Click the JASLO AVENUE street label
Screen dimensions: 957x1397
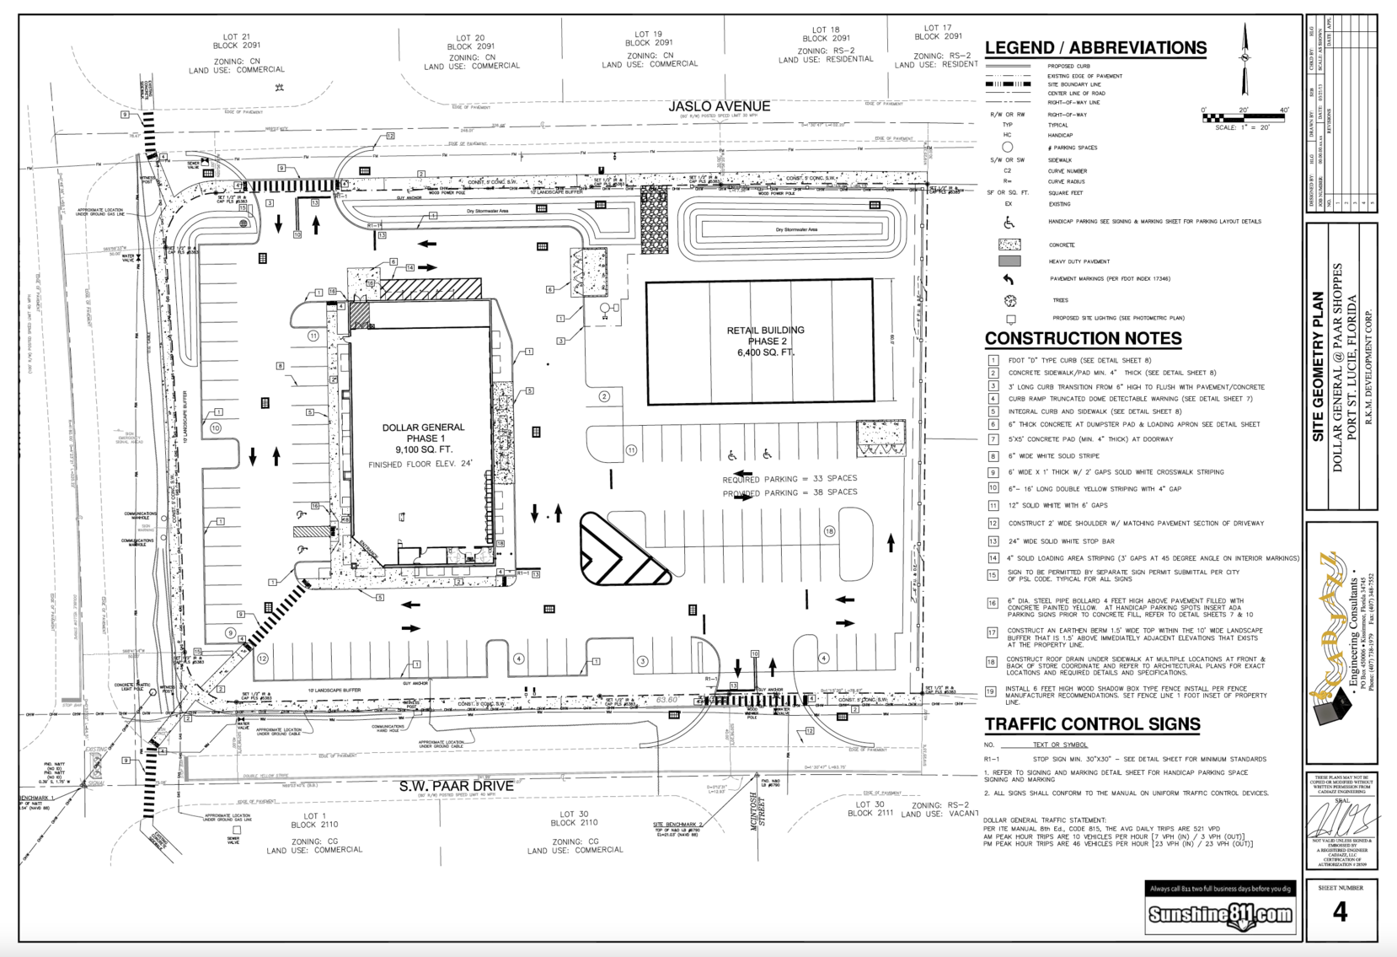(x=719, y=106)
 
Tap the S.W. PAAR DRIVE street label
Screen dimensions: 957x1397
(x=456, y=786)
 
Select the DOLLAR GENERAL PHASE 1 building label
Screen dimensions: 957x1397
(x=423, y=433)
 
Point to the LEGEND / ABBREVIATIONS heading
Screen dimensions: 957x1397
(x=1095, y=48)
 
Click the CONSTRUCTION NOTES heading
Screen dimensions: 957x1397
(x=1083, y=338)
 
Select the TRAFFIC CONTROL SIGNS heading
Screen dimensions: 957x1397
(x=1092, y=723)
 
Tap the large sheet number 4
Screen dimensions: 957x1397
(x=1340, y=911)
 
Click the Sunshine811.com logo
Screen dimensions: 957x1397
(x=1220, y=915)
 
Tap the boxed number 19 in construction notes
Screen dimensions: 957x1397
(x=992, y=691)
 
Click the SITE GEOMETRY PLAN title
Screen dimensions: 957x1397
(x=1319, y=367)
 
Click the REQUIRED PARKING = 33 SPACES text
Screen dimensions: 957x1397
(x=789, y=479)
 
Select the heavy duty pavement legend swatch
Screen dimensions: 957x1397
(x=1009, y=261)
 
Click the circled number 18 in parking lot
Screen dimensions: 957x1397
(x=829, y=531)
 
